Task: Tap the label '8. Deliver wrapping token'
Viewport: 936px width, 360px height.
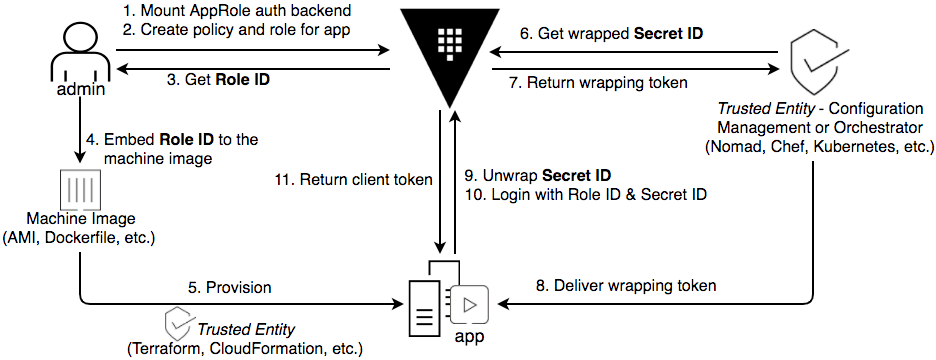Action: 627,285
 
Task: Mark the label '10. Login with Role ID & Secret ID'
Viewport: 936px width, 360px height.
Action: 586,194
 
